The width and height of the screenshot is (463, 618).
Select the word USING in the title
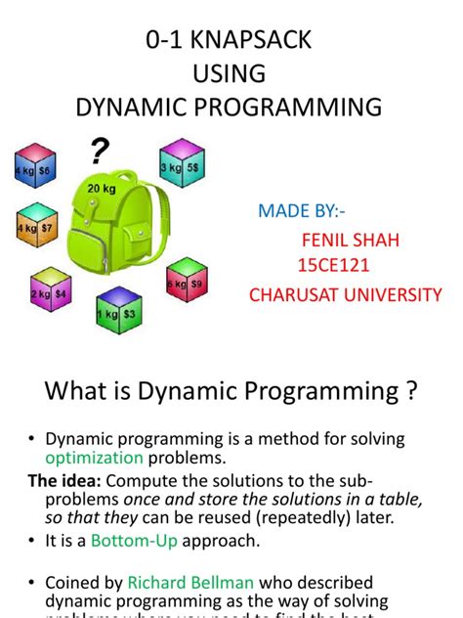point(231,75)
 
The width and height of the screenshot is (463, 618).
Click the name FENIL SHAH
point(337,240)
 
